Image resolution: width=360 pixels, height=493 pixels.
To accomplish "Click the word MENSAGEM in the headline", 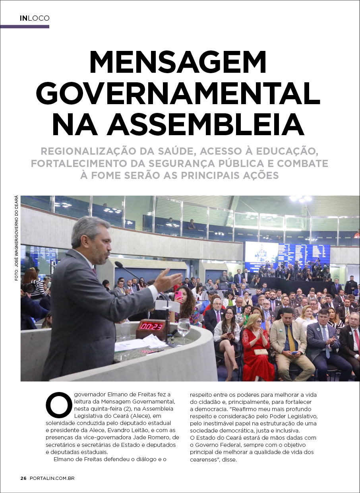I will (178, 62).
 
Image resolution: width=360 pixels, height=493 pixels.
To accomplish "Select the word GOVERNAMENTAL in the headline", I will (180, 94).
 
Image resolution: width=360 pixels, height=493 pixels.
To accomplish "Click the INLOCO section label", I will (35, 18).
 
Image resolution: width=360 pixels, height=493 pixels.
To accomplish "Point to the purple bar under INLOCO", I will (25, 27).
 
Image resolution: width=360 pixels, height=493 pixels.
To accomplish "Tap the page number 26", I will (23, 478).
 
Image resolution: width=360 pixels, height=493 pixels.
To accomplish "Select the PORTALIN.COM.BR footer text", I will (52, 478).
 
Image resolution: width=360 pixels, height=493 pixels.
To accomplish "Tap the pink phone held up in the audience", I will (178, 295).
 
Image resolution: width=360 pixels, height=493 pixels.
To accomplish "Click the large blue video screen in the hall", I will (287, 254).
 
